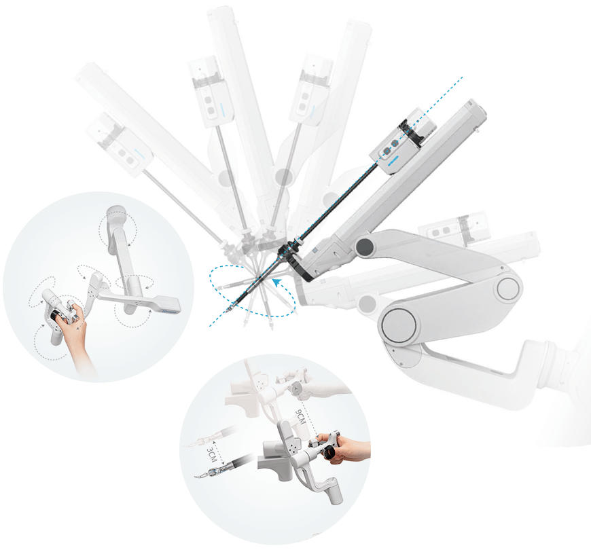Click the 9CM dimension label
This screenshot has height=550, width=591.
(x=300, y=418)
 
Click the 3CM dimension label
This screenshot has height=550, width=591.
(x=211, y=455)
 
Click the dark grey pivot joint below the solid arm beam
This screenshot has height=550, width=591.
(x=365, y=246)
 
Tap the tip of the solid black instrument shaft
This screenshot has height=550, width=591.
(x=228, y=311)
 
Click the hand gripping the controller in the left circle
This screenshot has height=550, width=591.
(x=75, y=331)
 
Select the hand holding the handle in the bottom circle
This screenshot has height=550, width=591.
(x=346, y=449)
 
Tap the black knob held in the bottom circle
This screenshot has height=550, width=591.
(x=331, y=452)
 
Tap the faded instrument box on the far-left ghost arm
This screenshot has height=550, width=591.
(x=119, y=143)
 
